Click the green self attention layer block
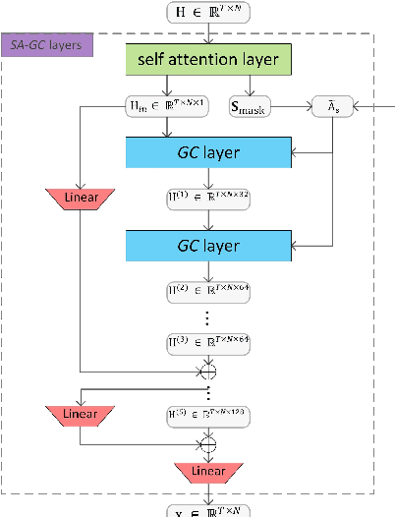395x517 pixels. coord(208,60)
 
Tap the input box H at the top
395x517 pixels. coord(208,13)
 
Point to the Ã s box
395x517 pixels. coord(330,106)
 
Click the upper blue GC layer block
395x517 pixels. coord(208,152)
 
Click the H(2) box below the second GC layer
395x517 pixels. coord(208,292)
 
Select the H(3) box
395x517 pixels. coord(208,341)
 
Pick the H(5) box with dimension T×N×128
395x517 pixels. coord(208,416)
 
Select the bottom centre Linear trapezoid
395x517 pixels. coord(208,473)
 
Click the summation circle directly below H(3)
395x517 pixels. coord(208,372)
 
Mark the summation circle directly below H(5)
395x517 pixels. coord(208,444)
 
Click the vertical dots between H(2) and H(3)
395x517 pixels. coord(208,316)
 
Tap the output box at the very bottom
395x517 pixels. coord(208,510)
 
